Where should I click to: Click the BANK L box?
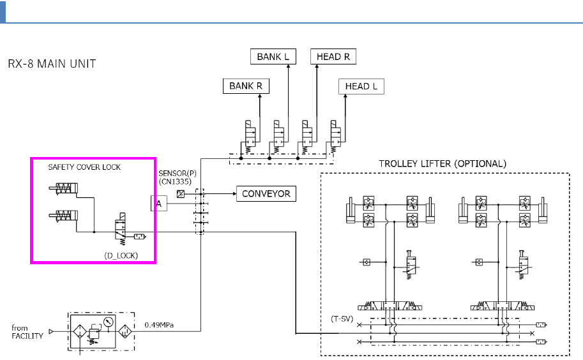pos(273,57)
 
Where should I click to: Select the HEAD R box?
pos(333,57)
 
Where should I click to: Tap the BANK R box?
pos(246,86)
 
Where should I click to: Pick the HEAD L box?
pos(361,86)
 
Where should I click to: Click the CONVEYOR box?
pos(266,193)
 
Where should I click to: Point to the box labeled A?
pos(158,203)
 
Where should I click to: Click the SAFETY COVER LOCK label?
pos(84,167)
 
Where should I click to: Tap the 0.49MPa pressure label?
pos(159,326)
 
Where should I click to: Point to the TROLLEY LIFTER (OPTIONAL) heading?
pos(442,163)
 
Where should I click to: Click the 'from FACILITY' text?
pos(27,332)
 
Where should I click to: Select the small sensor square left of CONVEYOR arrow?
pos(181,193)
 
